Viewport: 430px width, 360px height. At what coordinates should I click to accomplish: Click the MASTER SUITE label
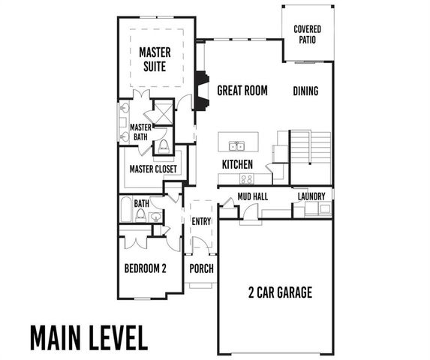click(155, 59)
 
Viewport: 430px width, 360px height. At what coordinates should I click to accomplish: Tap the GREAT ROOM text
click(242, 91)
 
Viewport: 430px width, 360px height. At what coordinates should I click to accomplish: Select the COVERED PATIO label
click(308, 34)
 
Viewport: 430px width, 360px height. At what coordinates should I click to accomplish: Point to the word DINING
click(305, 91)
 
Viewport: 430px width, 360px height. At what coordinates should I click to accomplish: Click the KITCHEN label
click(237, 163)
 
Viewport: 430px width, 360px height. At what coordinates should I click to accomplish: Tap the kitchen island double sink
click(238, 145)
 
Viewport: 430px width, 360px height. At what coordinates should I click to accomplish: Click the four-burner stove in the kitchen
click(245, 178)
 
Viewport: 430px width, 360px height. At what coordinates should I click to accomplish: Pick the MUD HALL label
click(252, 196)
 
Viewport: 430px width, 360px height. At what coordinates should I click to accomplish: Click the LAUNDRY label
click(311, 196)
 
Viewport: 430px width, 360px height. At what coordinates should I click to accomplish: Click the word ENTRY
click(201, 220)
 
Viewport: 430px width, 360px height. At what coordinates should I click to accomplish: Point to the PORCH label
click(201, 268)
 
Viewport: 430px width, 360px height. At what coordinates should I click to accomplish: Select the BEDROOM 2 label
click(145, 268)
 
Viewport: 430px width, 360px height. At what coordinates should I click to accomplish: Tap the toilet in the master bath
click(164, 145)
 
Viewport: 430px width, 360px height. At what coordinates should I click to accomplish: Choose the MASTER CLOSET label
click(153, 169)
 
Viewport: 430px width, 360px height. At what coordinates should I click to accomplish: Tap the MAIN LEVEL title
click(89, 337)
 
